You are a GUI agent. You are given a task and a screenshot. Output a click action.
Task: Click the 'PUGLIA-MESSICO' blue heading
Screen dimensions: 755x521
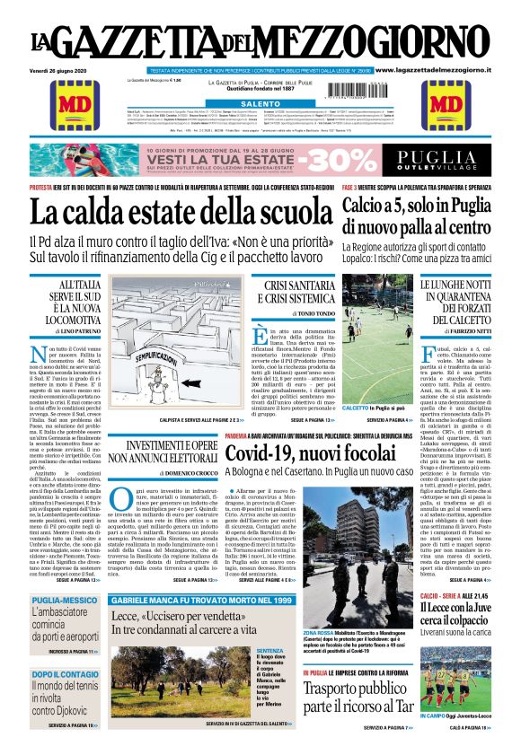(x=58, y=600)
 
